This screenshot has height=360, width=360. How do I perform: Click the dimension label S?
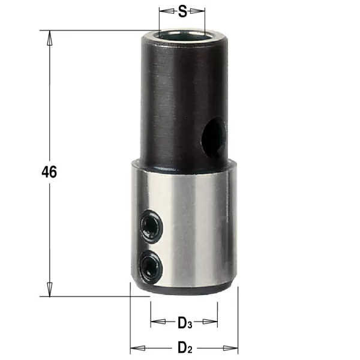pyautogui.click(x=182, y=12)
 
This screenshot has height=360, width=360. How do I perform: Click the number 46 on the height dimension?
pyautogui.click(x=49, y=172)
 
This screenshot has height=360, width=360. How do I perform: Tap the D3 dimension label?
pyautogui.click(x=185, y=323)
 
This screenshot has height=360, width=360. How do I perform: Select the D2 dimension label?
pyautogui.click(x=185, y=347)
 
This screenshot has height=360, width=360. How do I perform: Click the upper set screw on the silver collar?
pyautogui.click(x=151, y=226)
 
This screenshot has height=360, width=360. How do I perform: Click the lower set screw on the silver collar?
pyautogui.click(x=151, y=267)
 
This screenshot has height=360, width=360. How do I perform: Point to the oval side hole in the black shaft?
pyautogui.click(x=214, y=137)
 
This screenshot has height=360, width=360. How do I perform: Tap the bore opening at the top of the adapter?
pyautogui.click(x=182, y=35)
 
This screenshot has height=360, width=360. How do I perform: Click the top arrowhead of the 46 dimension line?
pyautogui.click(x=49, y=38)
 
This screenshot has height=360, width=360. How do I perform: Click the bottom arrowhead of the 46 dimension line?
pyautogui.click(x=49, y=289)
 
